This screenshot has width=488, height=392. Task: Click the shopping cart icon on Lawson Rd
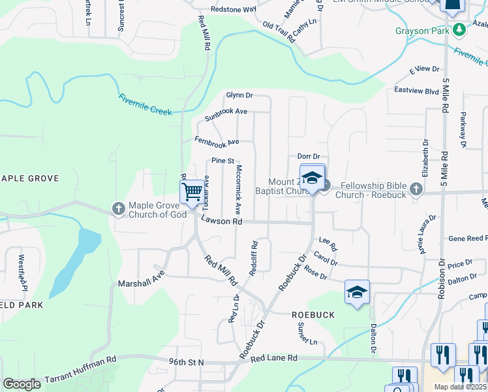click(x=192, y=192)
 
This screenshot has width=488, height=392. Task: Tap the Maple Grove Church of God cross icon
click(x=118, y=209)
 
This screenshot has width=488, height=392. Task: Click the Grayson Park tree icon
click(x=460, y=29)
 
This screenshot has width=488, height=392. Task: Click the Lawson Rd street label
click(x=221, y=221)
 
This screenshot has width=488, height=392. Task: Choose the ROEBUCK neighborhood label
click(x=313, y=315)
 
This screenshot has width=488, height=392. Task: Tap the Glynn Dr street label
click(x=239, y=95)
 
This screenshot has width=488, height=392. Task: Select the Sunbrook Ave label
click(x=226, y=115)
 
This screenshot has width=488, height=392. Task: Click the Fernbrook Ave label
click(x=217, y=140)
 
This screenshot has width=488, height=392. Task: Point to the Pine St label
click(x=222, y=161)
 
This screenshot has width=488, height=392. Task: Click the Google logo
click(x=22, y=384)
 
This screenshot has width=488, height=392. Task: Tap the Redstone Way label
click(x=233, y=10)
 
